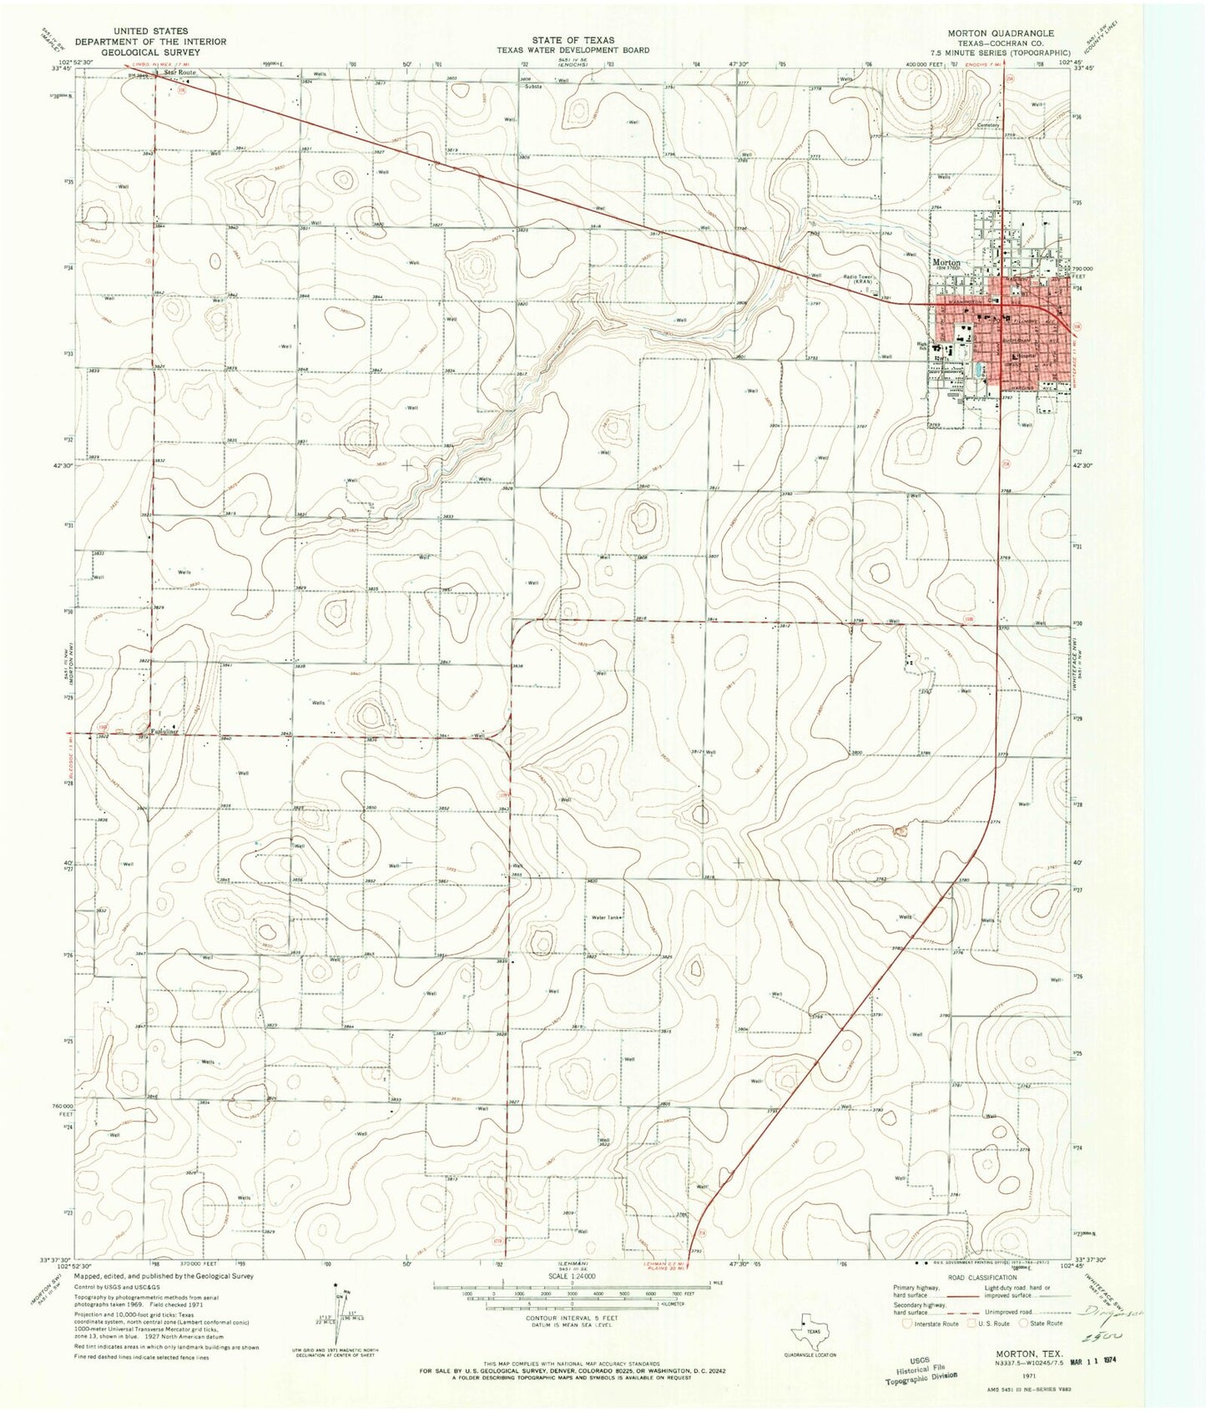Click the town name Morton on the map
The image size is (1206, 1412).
[946, 262]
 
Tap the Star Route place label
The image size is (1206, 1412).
[179, 73]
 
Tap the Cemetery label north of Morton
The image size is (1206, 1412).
[988, 126]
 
